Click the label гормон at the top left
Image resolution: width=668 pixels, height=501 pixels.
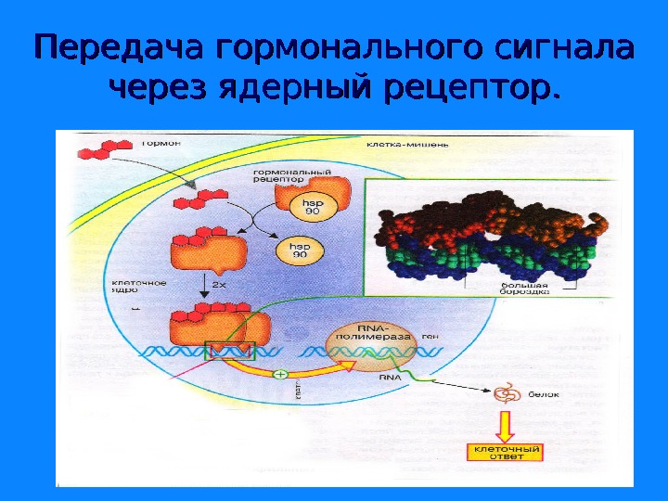[161, 144]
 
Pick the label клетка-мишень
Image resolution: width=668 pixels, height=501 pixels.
[394, 146]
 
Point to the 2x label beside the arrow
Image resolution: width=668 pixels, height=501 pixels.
[219, 285]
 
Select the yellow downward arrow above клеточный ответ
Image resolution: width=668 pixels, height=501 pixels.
[506, 426]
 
